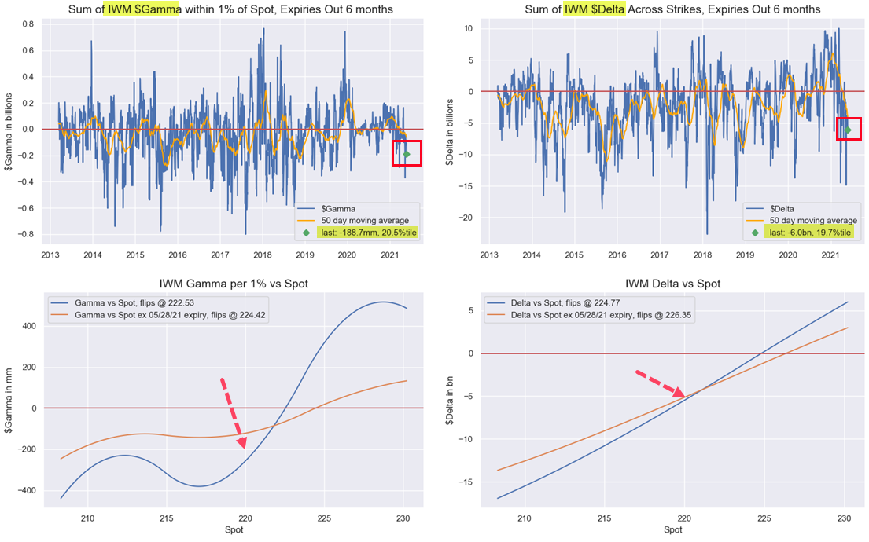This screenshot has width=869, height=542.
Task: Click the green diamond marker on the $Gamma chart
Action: click(407, 154)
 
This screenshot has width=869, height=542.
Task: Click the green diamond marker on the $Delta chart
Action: click(848, 130)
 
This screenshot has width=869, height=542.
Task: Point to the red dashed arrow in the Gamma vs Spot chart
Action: click(233, 412)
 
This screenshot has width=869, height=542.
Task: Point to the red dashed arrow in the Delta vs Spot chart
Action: click(660, 383)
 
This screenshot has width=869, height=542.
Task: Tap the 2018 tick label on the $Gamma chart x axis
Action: click(261, 255)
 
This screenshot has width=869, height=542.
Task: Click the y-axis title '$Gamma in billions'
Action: click(10, 129)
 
